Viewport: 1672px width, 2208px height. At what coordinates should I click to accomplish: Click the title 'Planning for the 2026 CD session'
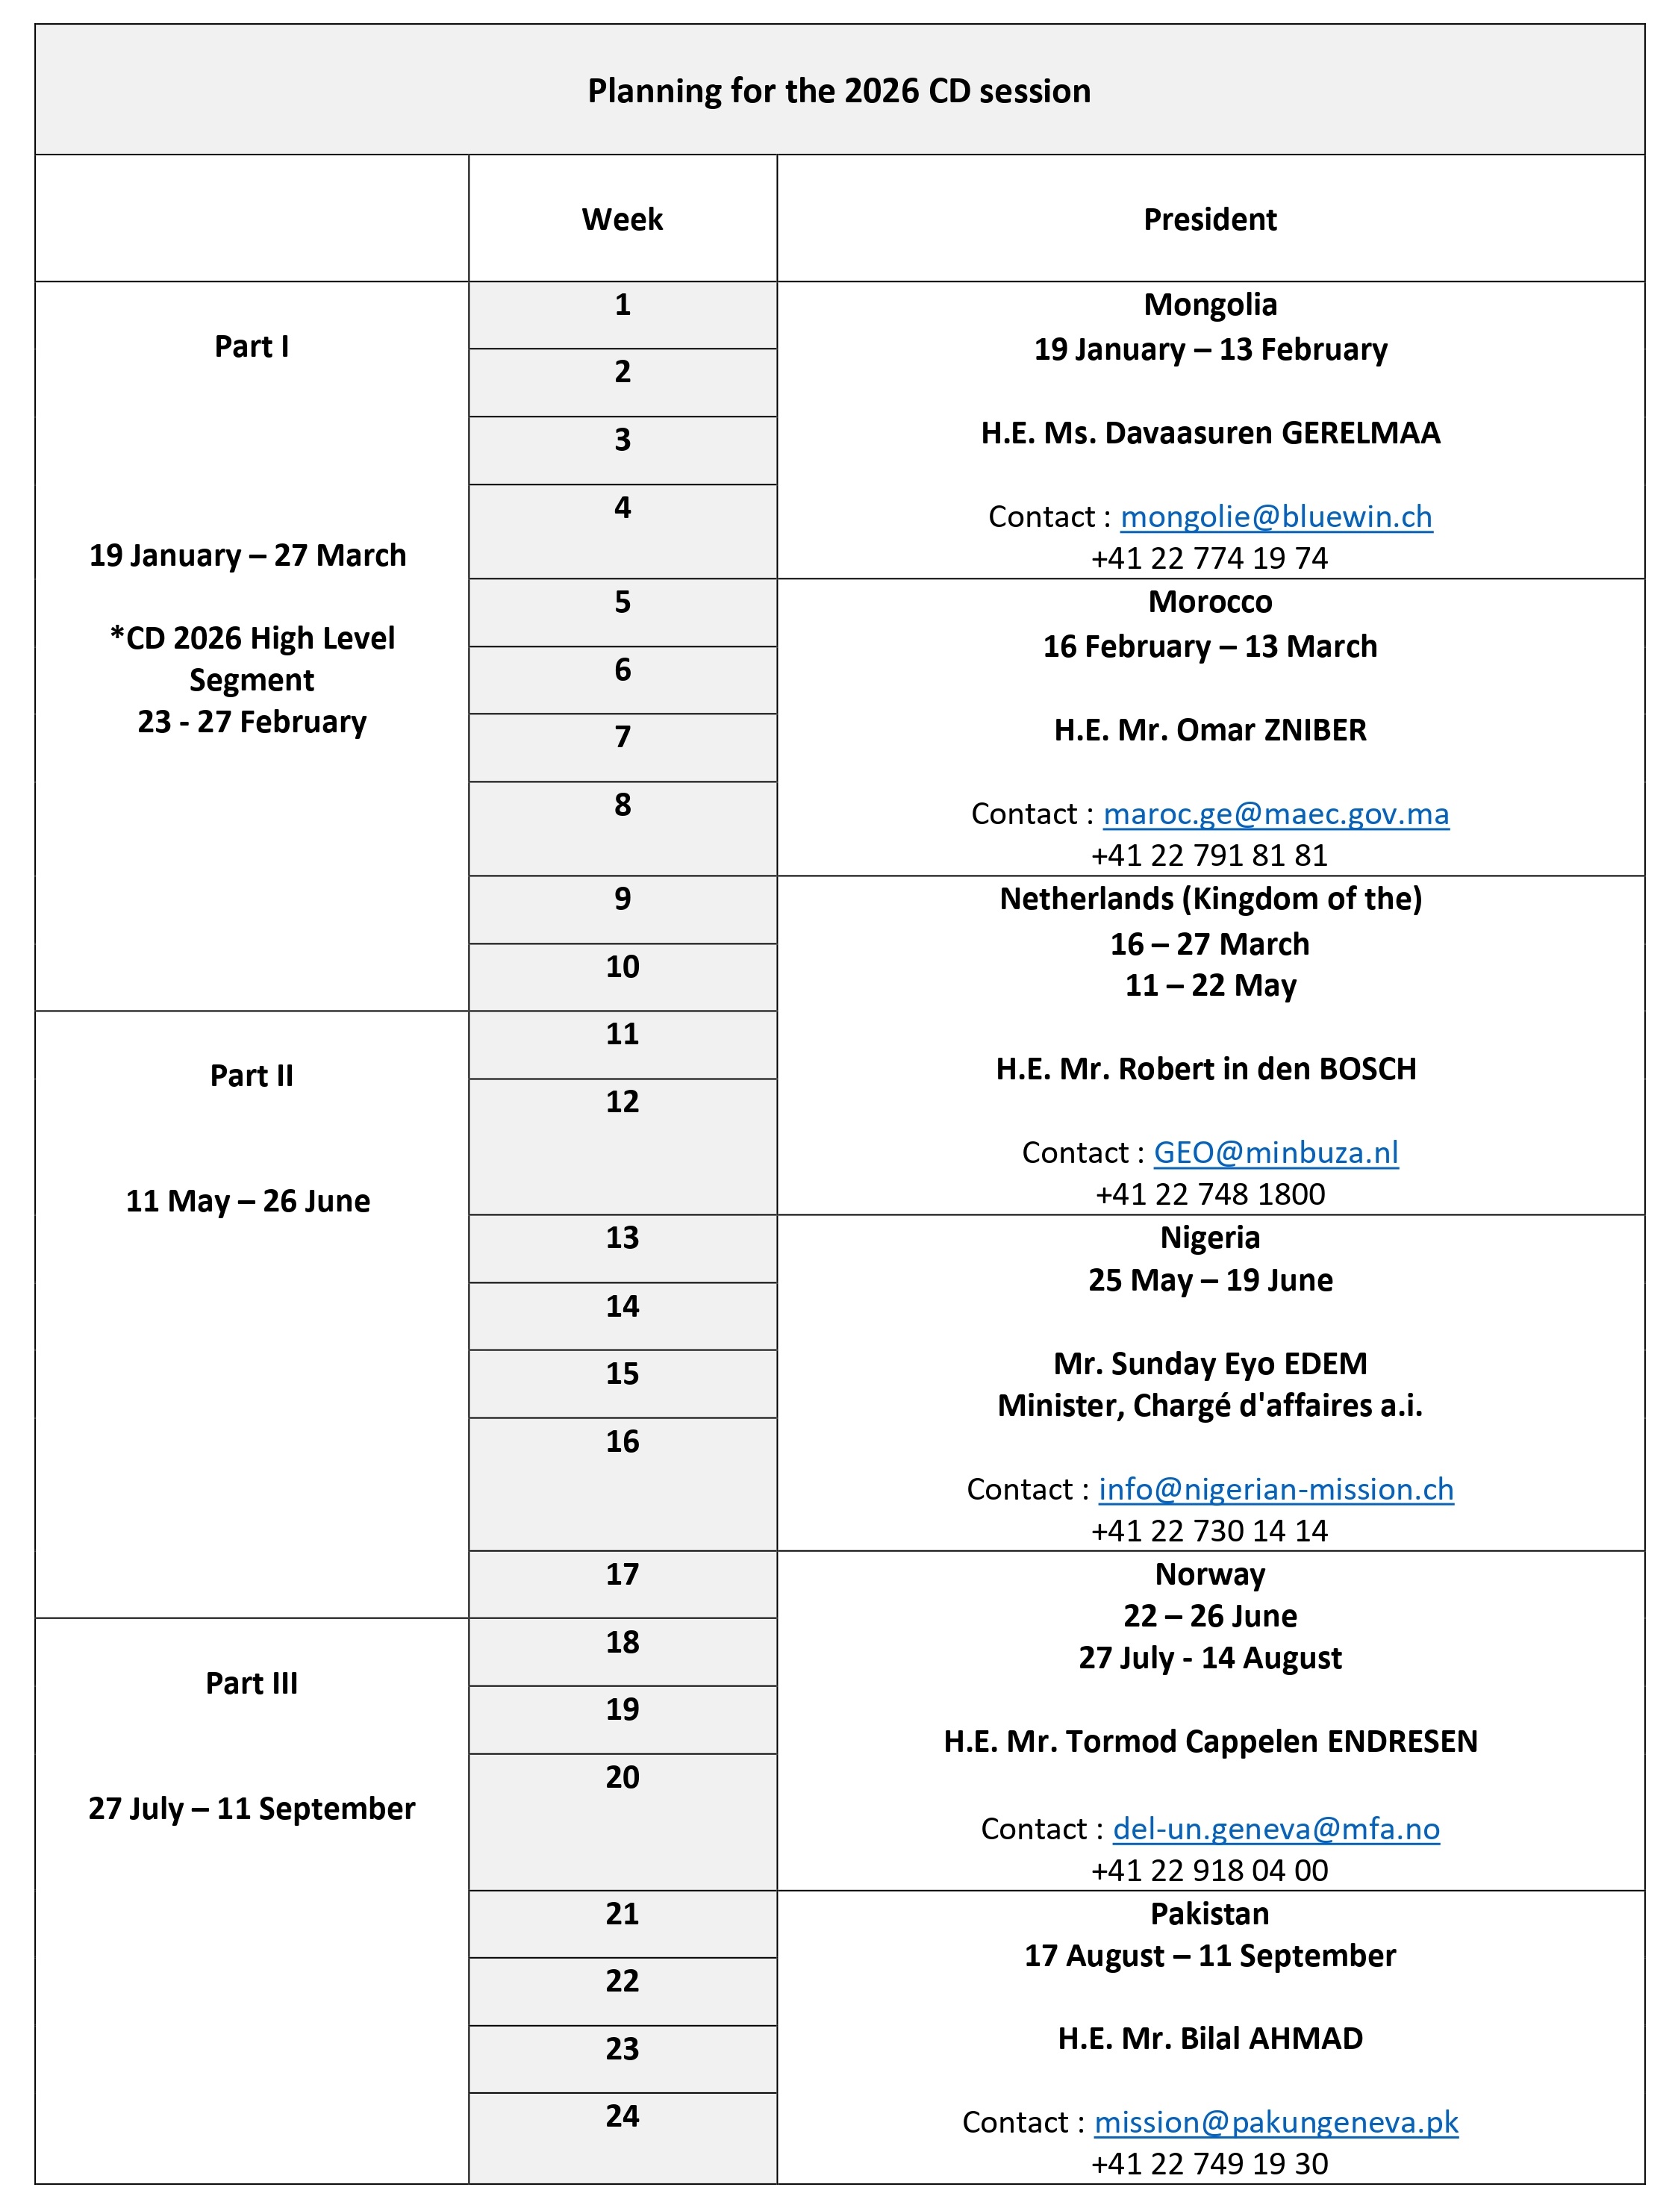[x=838, y=91]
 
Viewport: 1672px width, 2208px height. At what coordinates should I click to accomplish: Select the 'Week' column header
[x=622, y=219]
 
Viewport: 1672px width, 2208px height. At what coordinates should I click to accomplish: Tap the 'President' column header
[x=1210, y=219]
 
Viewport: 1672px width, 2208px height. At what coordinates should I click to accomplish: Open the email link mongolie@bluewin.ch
[x=1276, y=516]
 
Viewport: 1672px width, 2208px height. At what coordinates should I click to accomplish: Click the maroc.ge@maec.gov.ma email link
[x=1276, y=814]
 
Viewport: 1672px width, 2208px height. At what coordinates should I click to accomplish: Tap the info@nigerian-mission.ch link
[x=1276, y=1489]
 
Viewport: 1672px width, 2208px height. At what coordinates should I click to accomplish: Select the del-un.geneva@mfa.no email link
[x=1276, y=1829]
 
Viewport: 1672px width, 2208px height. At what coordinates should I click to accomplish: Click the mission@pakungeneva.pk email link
[x=1276, y=2122]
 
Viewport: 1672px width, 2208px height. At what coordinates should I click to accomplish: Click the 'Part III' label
[x=252, y=1684]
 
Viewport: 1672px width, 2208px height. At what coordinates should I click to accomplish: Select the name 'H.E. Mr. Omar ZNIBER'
[x=1210, y=731]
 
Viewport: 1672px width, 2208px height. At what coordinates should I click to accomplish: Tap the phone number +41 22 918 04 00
[x=1210, y=1871]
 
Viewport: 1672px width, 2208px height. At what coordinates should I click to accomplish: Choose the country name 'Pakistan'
[x=1210, y=1915]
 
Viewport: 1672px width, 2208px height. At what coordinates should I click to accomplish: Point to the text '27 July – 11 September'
[x=252, y=1809]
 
